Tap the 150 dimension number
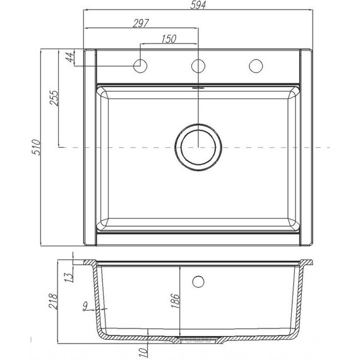click(168, 39)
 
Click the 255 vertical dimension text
click(54, 99)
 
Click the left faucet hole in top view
click(140, 65)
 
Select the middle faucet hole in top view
click(198, 65)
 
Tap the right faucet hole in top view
click(256, 65)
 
